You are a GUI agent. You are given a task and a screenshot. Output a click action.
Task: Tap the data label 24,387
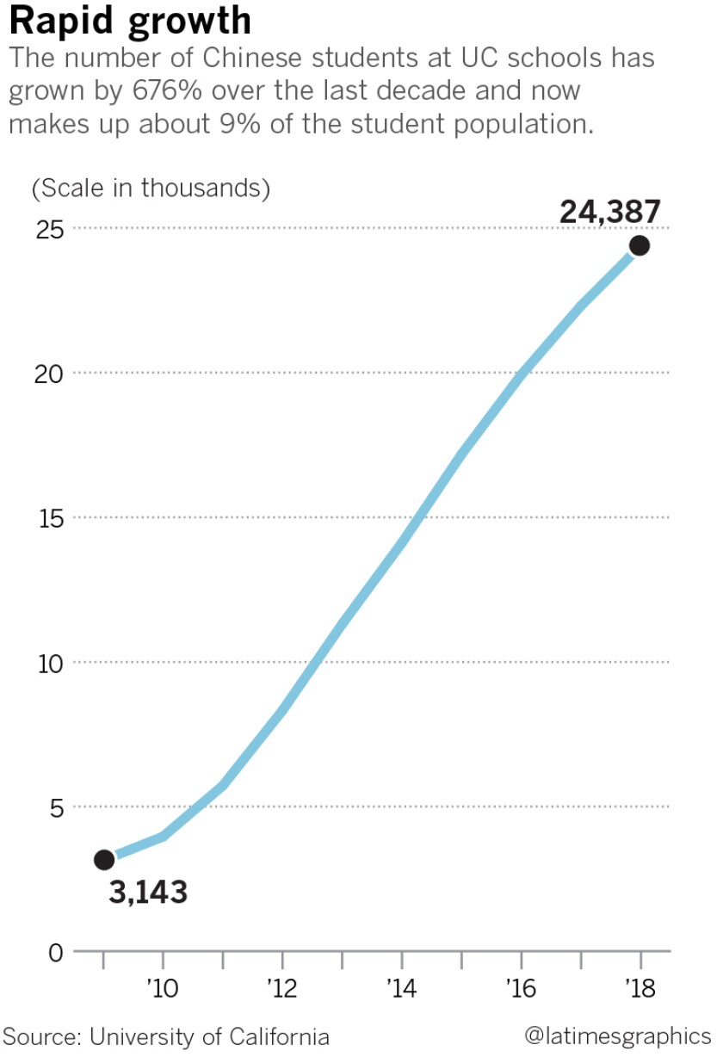[610, 212]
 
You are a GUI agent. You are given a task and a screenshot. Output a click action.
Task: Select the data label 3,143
[148, 893]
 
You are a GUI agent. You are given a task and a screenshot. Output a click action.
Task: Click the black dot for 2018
[640, 246]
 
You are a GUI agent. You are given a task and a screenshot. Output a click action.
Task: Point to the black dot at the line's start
[104, 859]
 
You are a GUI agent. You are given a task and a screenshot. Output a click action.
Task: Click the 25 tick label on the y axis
[51, 228]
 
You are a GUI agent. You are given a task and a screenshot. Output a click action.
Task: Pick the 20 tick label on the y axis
[51, 373]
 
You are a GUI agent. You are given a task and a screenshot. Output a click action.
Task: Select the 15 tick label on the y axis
[51, 517]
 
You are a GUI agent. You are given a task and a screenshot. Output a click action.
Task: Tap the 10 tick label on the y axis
[51, 663]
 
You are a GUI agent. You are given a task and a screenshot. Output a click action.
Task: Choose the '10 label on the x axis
[162, 987]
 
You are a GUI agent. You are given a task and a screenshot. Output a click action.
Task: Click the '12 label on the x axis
[281, 987]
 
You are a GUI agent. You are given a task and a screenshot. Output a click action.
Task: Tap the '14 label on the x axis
[401, 987]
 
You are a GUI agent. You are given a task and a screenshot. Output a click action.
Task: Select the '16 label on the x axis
[520, 987]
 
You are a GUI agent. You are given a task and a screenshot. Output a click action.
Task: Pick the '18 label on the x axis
[640, 987]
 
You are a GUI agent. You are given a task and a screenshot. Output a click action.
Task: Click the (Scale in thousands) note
[151, 188]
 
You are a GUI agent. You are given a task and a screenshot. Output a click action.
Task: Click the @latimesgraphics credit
[617, 1035]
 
